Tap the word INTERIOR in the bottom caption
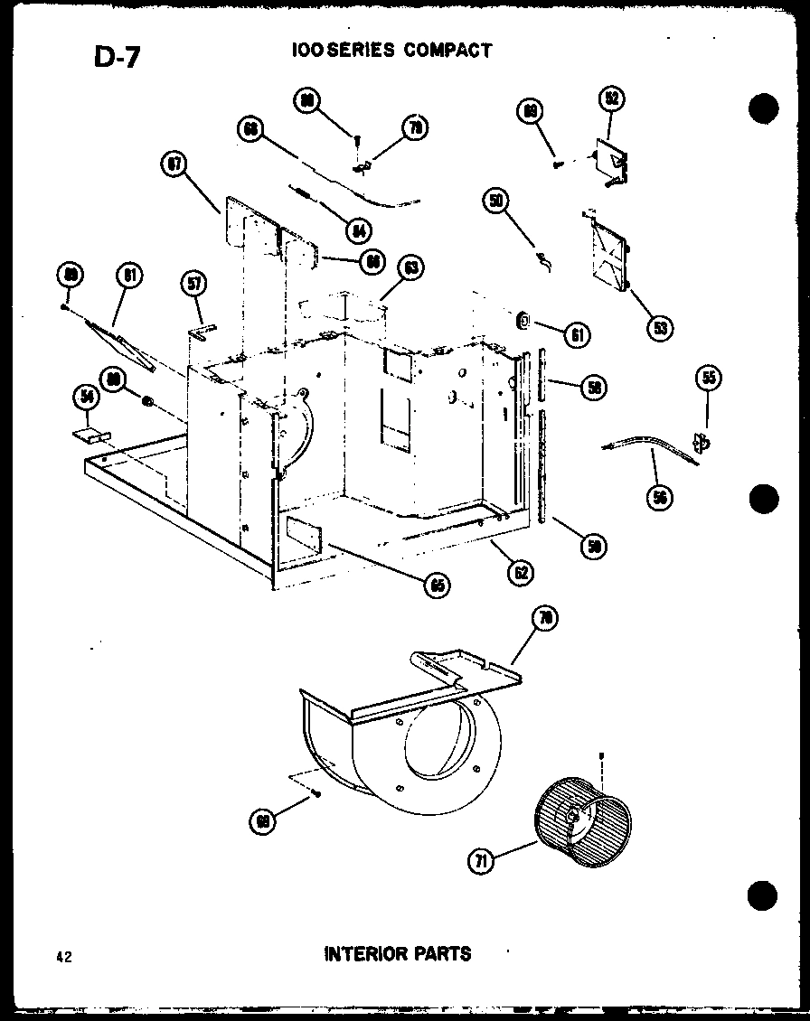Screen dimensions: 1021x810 coord(360,953)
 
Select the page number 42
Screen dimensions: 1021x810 coord(61,955)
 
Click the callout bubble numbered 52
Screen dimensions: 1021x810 coord(612,98)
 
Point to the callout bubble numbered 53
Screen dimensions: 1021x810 coord(661,327)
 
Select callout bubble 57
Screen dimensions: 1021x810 coord(193,284)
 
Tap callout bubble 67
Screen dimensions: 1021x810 coord(172,164)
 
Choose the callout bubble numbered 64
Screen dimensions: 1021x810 coord(359,230)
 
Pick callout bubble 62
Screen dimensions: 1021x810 coord(520,572)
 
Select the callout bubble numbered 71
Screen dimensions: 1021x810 coord(480,860)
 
